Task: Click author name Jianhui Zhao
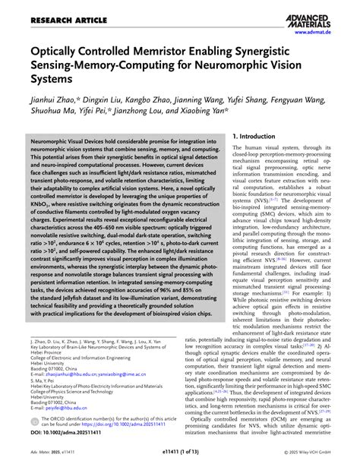[55, 98]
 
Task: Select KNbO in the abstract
[42, 205]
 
